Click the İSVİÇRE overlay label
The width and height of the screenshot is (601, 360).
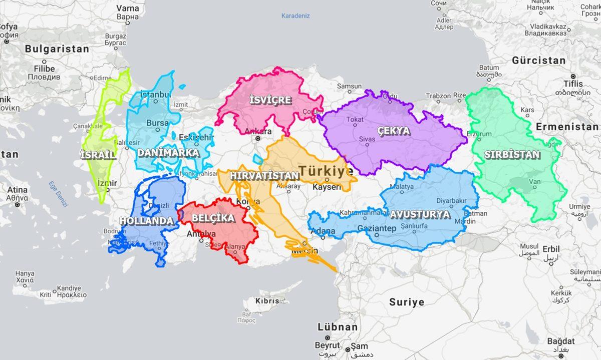[270, 100]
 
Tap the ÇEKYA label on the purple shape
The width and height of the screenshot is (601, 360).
[394, 131]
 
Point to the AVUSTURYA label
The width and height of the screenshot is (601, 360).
[420, 214]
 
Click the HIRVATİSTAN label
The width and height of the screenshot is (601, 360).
[264, 176]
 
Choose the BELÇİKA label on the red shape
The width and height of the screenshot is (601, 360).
[213, 218]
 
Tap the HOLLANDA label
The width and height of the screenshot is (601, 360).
[146, 221]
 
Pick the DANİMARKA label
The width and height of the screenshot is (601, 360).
[168, 153]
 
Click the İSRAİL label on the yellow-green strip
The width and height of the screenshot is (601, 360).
[98, 155]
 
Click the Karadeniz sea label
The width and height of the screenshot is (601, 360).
[295, 16]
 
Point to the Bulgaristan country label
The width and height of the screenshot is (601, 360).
[57, 49]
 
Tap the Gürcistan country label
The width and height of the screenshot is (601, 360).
[538, 61]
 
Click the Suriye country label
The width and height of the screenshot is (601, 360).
[407, 302]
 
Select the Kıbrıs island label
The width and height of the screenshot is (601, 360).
[267, 301]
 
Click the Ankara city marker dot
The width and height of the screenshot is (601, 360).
[257, 138]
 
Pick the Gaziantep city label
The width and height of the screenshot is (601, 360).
[375, 229]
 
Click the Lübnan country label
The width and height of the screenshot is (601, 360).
[338, 327]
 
